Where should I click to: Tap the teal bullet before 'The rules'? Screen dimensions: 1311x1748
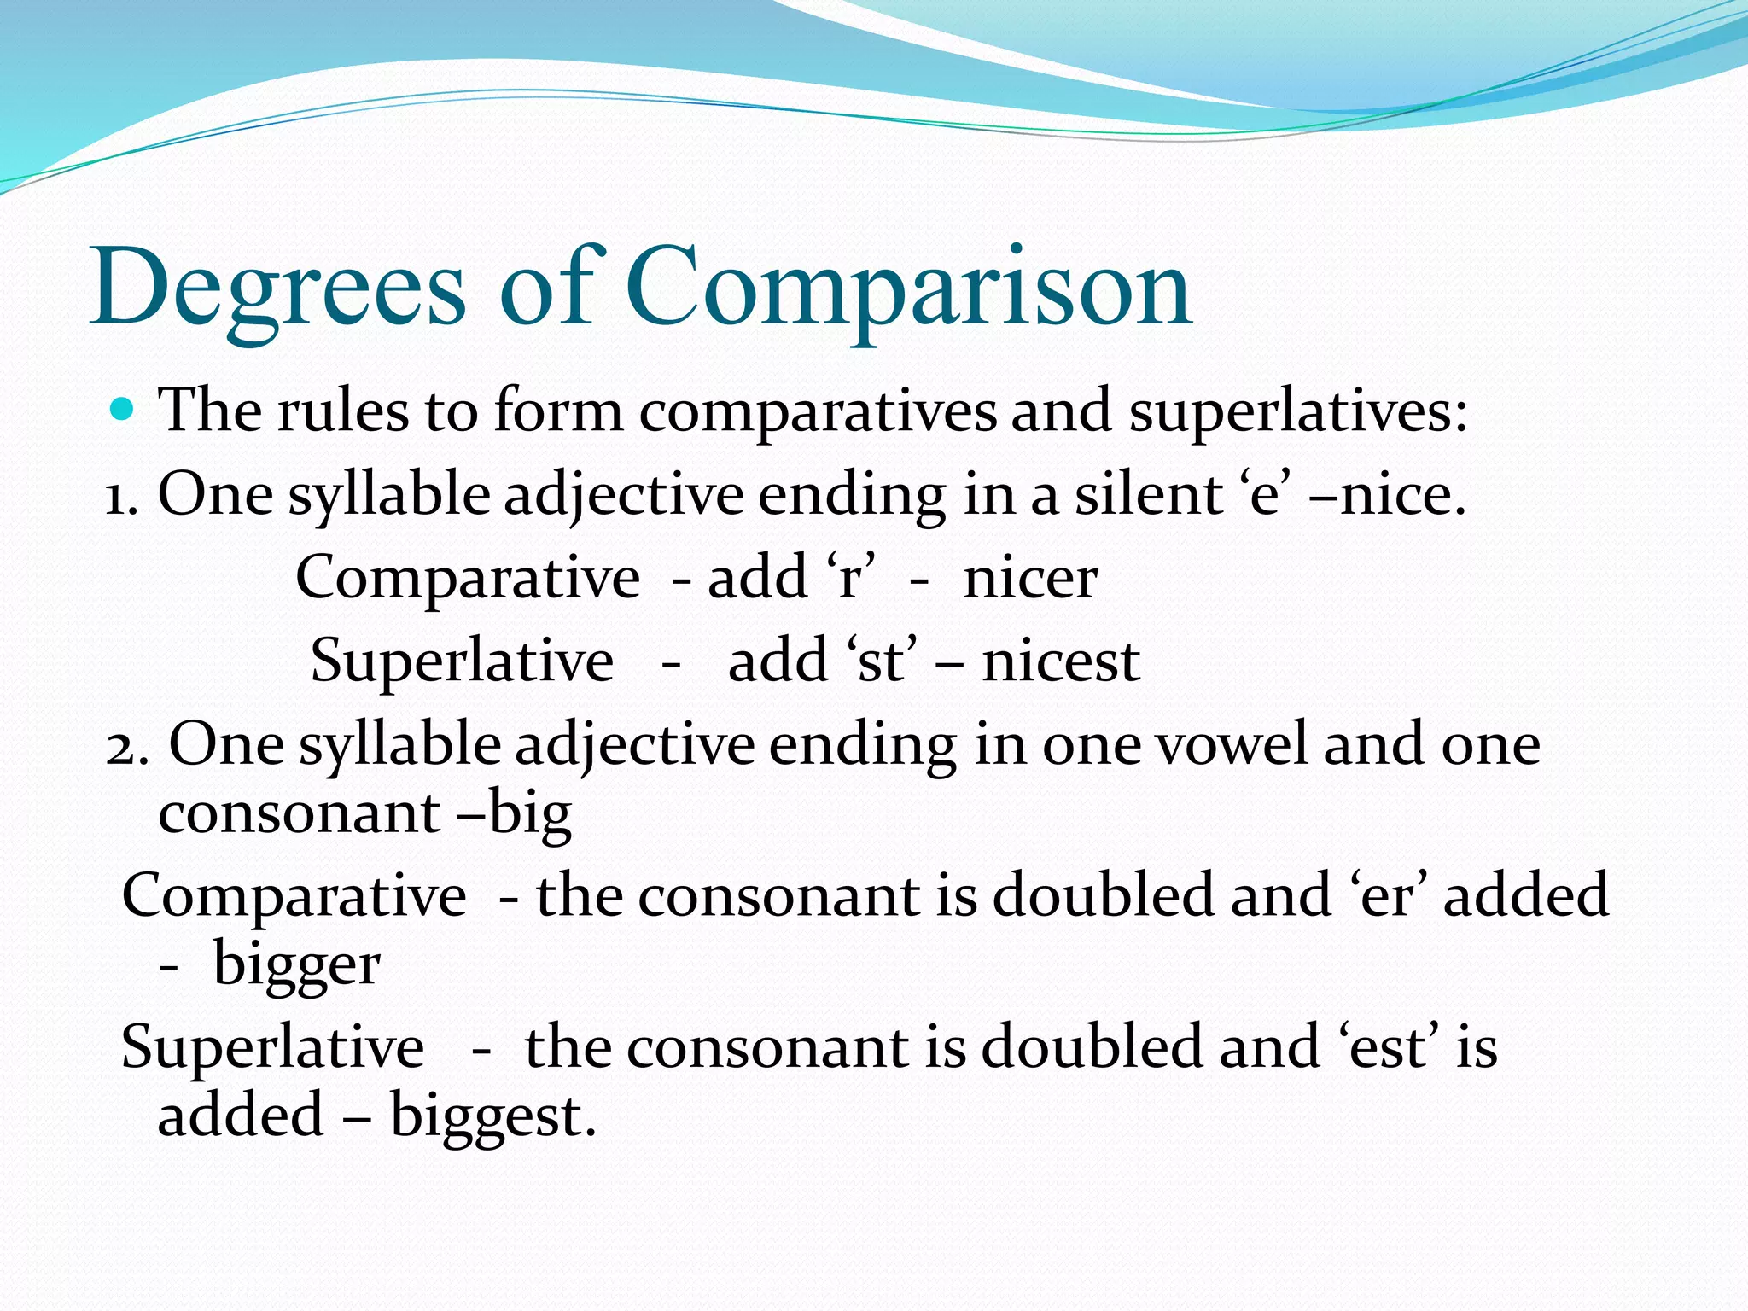coord(123,409)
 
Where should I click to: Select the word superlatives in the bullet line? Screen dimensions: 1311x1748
coord(1297,412)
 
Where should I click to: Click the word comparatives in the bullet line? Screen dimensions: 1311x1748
coord(817,412)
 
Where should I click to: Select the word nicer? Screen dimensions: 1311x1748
coord(1029,579)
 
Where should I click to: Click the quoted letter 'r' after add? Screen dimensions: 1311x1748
coord(850,579)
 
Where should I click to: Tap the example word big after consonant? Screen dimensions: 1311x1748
coord(529,814)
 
